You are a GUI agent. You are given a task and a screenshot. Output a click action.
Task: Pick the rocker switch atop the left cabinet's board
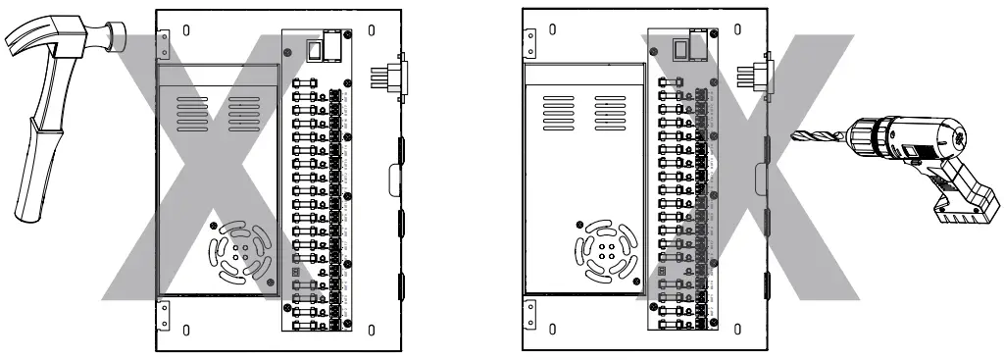pos(314,49)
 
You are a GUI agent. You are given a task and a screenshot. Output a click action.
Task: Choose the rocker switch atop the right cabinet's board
pos(680,49)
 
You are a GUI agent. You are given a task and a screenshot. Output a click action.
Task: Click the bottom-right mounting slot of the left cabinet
pos(370,329)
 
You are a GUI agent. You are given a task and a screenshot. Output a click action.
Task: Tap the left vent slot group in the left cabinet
pos(191,114)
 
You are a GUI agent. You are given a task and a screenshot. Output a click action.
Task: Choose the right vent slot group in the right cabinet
pos(609,114)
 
